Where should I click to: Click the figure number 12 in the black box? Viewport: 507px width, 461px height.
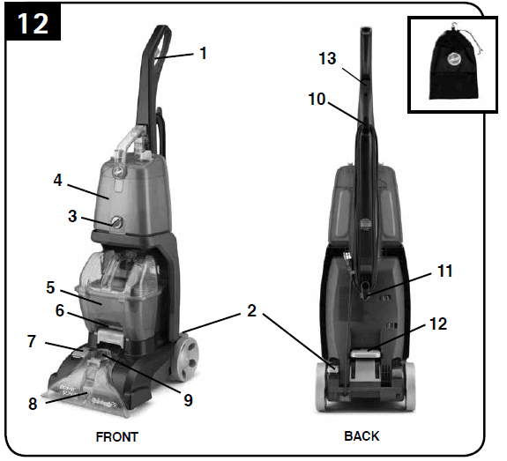pos(33,23)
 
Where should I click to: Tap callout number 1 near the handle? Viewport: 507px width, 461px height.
pos(204,53)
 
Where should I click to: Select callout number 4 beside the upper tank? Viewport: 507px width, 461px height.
pos(57,182)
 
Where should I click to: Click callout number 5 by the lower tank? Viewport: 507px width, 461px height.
pos(50,287)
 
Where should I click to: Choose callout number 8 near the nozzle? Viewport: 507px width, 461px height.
pos(33,405)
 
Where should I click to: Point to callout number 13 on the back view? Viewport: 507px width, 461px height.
pos(327,58)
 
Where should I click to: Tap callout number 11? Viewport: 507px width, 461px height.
pos(444,271)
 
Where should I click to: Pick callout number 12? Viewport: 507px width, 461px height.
pos(438,324)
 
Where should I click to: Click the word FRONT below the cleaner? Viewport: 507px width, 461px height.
pos(116,436)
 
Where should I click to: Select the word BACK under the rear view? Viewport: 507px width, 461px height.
pos(362,436)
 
